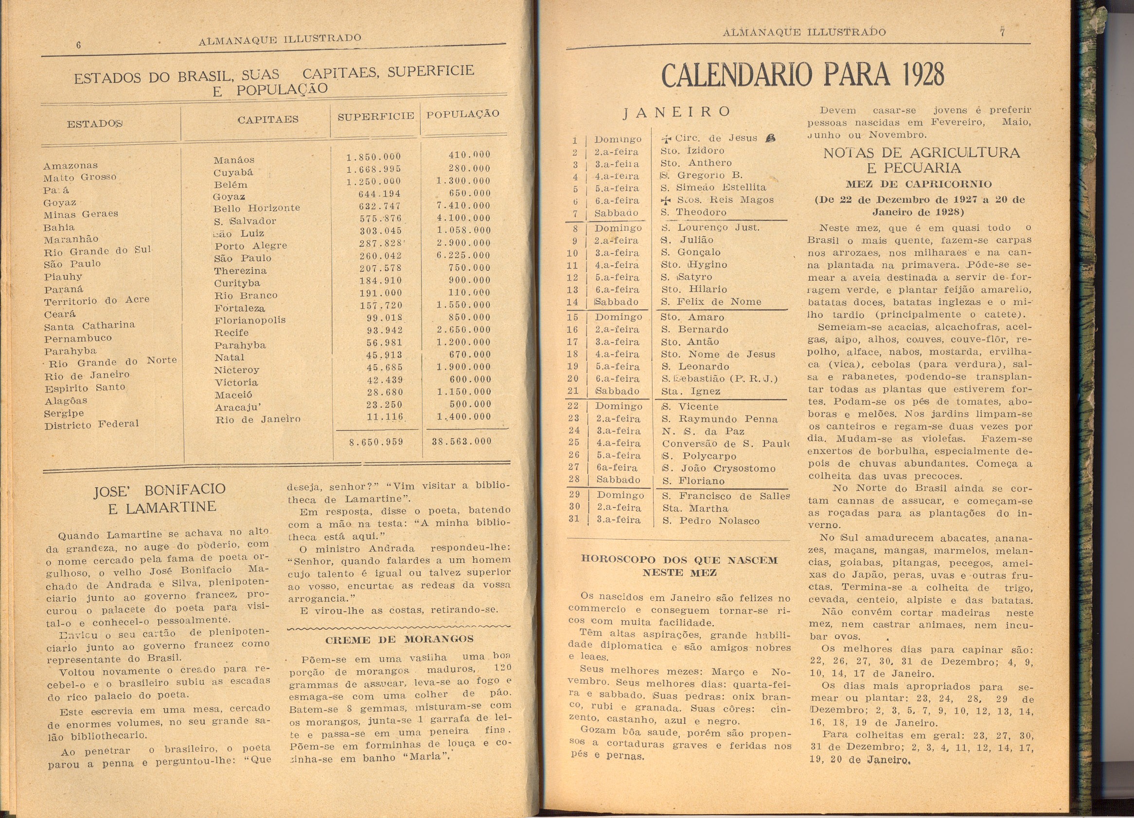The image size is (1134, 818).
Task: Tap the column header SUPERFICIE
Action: coord(375,117)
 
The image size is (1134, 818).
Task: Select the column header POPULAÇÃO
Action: coord(462,114)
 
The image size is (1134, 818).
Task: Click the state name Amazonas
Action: coord(71,165)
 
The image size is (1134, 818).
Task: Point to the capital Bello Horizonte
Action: coord(256,209)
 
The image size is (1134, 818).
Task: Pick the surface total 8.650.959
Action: coord(376,442)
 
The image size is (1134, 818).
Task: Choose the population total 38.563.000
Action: coord(461,441)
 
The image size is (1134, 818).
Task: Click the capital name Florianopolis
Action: coord(250,320)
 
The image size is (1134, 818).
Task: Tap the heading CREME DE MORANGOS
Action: coord(399,640)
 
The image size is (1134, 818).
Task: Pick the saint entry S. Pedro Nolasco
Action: coord(710,521)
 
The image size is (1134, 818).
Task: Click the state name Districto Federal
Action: coord(91,425)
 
